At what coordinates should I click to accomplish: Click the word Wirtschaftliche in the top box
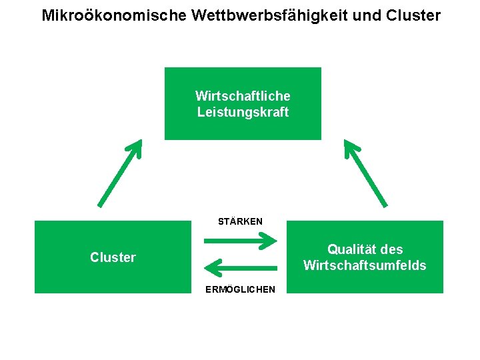click(x=243, y=96)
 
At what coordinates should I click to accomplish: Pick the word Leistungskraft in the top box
click(x=243, y=112)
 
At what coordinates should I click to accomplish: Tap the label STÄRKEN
click(x=240, y=221)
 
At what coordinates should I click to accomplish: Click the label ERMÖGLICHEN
click(x=240, y=289)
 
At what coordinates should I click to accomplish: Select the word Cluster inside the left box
click(x=113, y=257)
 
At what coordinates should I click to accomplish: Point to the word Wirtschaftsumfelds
click(x=365, y=265)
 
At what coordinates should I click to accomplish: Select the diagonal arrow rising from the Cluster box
click(x=120, y=173)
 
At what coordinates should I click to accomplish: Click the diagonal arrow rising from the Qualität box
click(x=365, y=173)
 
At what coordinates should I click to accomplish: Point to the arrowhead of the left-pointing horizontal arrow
click(x=212, y=268)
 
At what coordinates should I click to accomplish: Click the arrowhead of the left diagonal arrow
click(x=136, y=147)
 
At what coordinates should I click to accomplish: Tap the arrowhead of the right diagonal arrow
click(x=350, y=147)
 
